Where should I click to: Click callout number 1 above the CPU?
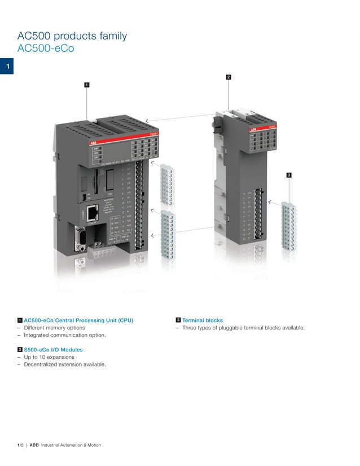coord(86,85)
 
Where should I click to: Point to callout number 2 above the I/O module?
coord(228,76)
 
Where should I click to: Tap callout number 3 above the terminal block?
coord(289,175)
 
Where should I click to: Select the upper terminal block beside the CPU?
coord(166,184)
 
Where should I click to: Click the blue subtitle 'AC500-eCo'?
coord(46,49)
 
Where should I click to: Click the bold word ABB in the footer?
coord(34,445)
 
